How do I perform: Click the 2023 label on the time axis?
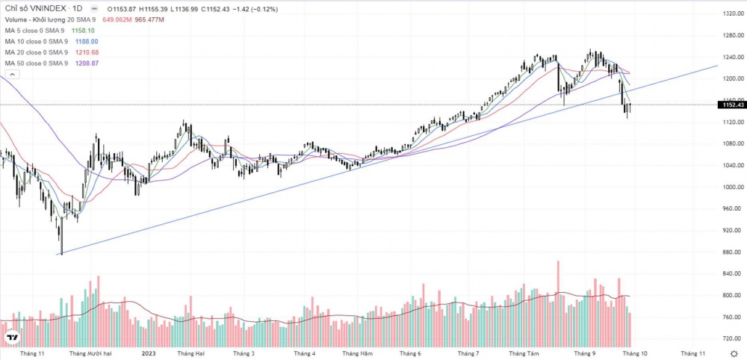coord(149,353)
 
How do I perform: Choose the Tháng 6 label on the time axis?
coord(410,353)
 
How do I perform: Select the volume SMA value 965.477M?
coord(150,19)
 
